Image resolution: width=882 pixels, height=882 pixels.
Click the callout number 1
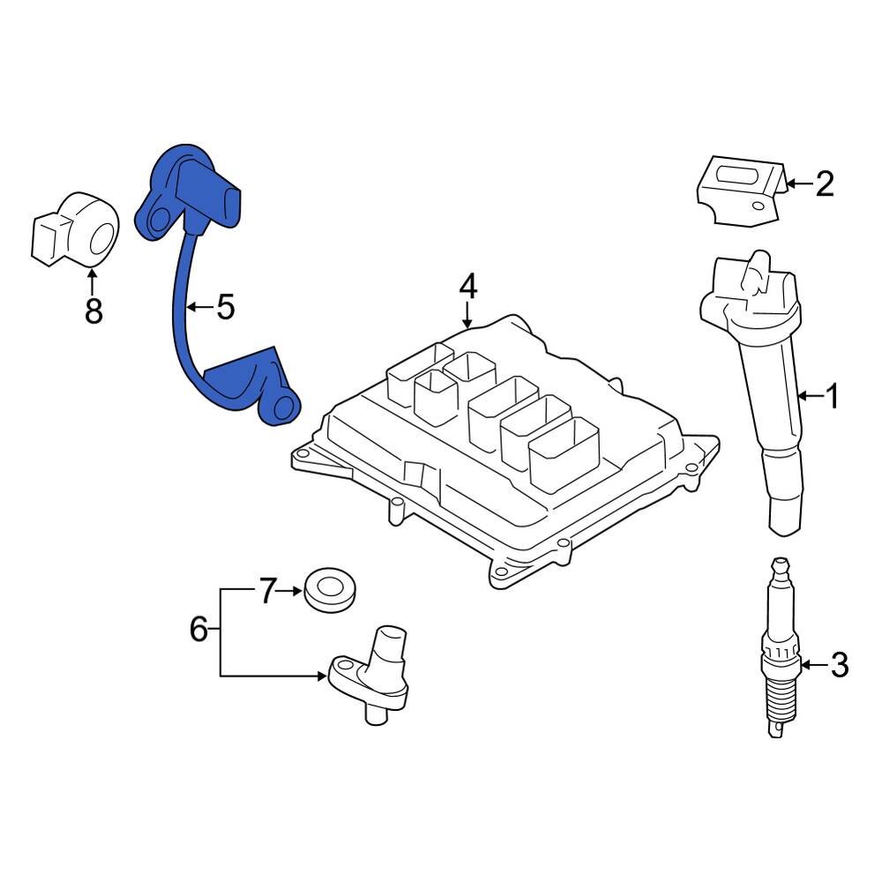[x=833, y=397]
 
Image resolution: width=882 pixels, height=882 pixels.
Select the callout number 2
[x=824, y=184]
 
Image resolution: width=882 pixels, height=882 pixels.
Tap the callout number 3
[x=840, y=664]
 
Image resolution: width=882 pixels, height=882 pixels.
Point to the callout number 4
[x=467, y=285]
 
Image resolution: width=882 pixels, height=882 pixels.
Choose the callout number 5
[x=226, y=307]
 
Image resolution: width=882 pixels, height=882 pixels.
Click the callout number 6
[x=198, y=629]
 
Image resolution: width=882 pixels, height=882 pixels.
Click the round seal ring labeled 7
[x=330, y=589]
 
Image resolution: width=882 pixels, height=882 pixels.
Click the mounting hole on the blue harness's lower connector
[x=283, y=407]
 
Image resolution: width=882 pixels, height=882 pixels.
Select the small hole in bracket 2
[x=758, y=207]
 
